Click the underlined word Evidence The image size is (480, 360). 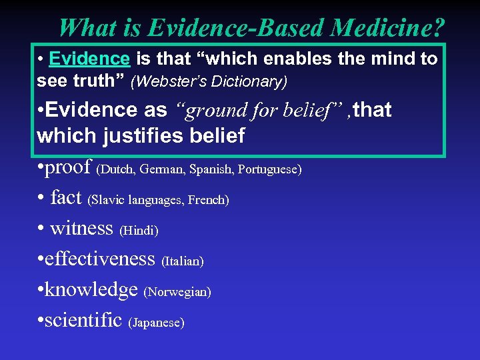pyautogui.click(x=90, y=59)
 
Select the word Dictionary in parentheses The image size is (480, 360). pyautogui.click(x=245, y=82)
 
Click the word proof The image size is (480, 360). pyautogui.click(x=69, y=167)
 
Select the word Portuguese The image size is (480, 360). pyautogui.click(x=271, y=169)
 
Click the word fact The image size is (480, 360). pyautogui.click(x=65, y=197)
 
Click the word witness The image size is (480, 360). pyautogui.click(x=81, y=228)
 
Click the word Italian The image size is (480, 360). pyautogui.click(x=183, y=261)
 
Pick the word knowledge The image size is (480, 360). pyautogui.click(x=91, y=289)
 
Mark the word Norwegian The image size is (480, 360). pyautogui.click(x=178, y=292)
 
